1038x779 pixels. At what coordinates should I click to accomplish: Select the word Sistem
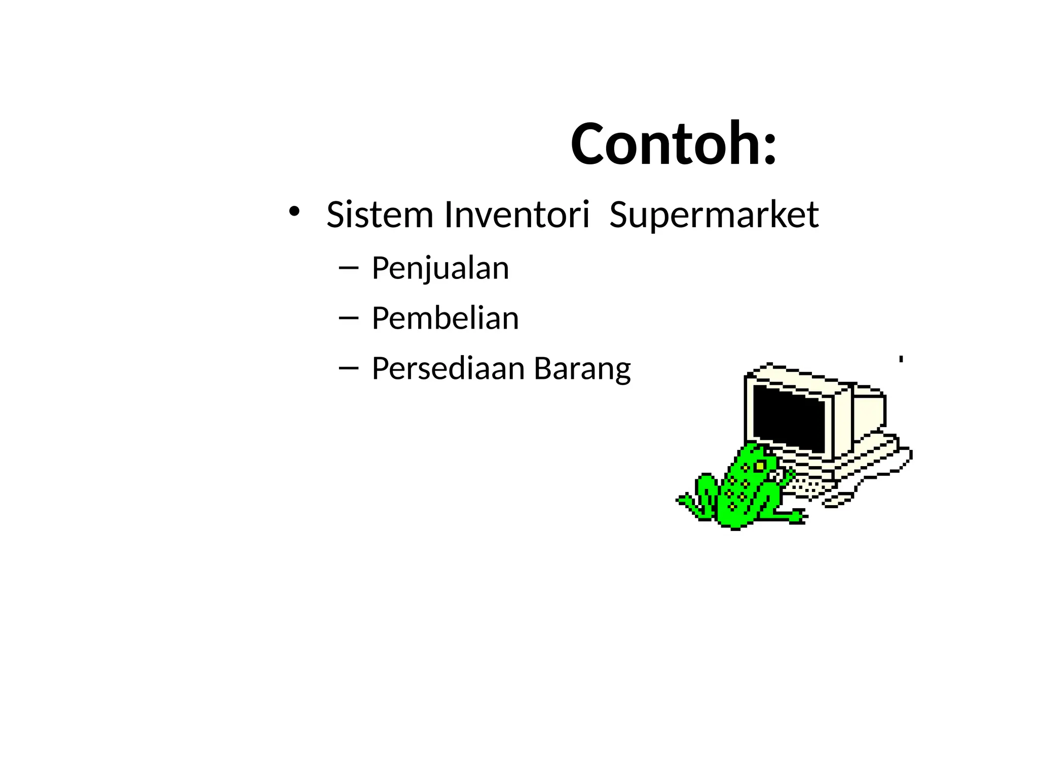[380, 215]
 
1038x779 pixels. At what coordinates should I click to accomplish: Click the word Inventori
[516, 215]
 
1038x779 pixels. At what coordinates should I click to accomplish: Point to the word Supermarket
[714, 216]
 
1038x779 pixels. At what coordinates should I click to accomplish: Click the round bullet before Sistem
[294, 211]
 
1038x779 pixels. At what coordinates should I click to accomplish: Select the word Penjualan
[440, 268]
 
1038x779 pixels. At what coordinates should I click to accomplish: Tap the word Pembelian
[445, 318]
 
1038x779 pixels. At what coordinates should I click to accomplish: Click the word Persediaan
[448, 368]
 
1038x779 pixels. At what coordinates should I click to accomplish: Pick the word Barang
[582, 369]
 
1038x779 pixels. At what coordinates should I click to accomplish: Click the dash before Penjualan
[348, 268]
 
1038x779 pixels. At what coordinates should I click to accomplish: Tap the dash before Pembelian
[348, 318]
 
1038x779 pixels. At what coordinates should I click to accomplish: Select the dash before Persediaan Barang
[348, 368]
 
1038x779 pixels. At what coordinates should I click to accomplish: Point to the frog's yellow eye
[760, 465]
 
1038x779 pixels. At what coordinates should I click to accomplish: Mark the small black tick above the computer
[901, 359]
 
